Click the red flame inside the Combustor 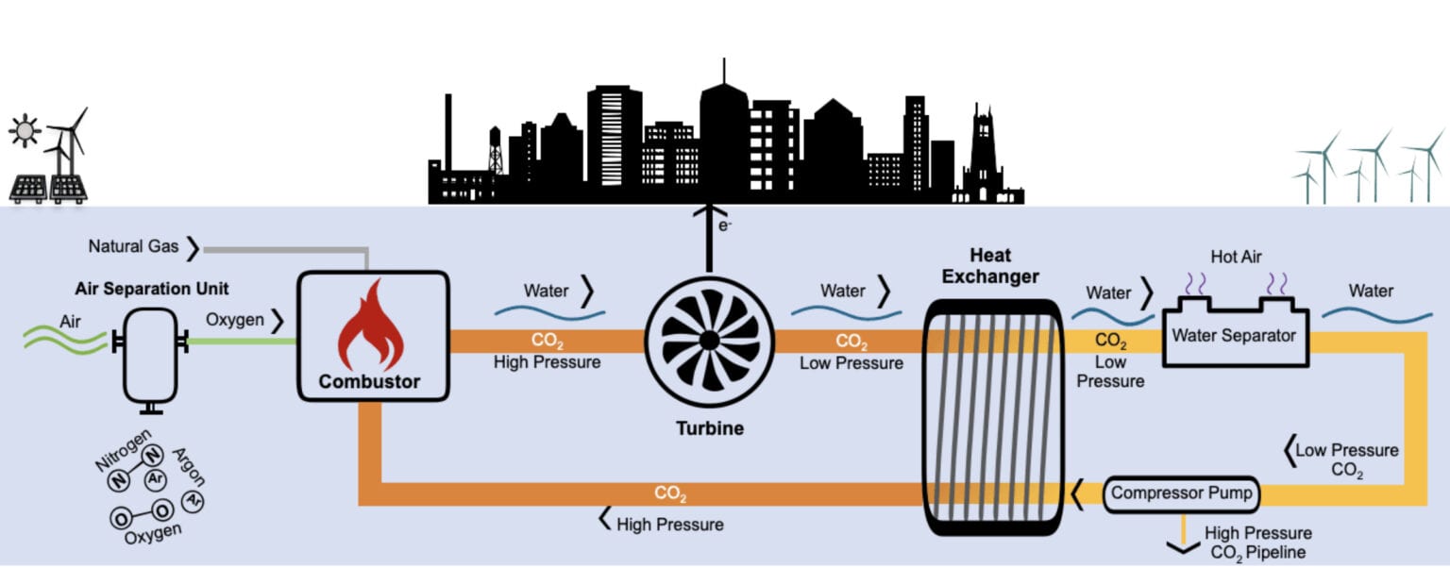point(369,326)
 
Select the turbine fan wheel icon point(708,336)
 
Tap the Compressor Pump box point(1181,493)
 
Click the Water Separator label point(1234,335)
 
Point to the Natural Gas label point(133,247)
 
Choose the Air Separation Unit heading point(152,289)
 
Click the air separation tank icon point(150,358)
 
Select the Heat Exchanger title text point(990,266)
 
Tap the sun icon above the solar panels point(24,130)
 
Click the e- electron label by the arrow point(725,226)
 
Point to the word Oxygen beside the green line point(235,320)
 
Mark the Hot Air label point(1236,257)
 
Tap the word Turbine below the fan point(709,428)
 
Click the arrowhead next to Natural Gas point(193,248)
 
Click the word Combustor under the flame point(369,382)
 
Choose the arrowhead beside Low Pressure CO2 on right point(1288,451)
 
